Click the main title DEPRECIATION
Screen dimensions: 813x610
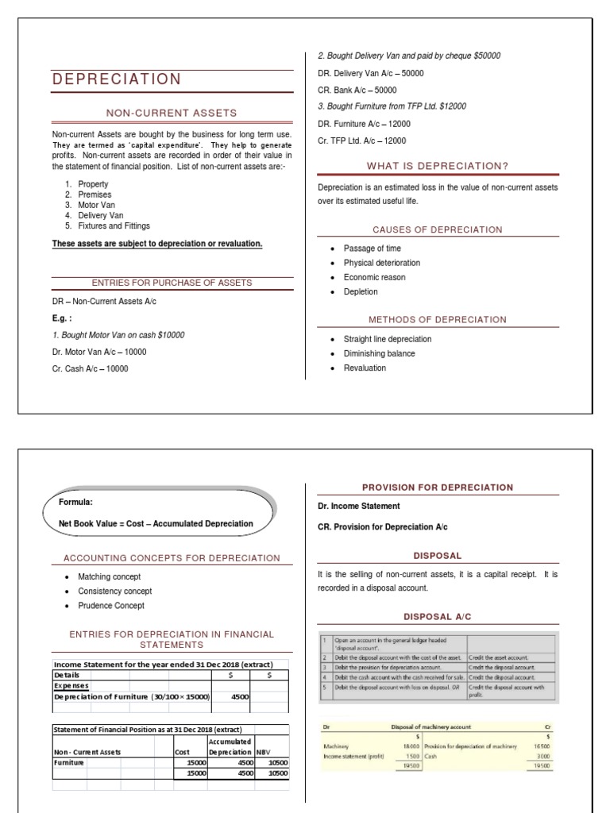click(117, 79)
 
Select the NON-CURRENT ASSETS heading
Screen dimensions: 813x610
click(172, 113)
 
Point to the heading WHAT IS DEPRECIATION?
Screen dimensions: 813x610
click(438, 166)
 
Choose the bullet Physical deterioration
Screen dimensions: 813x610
click(382, 263)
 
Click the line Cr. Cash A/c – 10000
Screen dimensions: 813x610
click(90, 368)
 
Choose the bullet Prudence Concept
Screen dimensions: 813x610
click(111, 606)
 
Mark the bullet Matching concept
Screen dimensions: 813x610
click(109, 576)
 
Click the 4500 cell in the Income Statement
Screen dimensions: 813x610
click(239, 696)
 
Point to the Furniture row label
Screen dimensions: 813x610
click(69, 762)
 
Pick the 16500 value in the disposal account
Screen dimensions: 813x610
click(542, 746)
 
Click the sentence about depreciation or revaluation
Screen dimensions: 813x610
click(156, 243)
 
